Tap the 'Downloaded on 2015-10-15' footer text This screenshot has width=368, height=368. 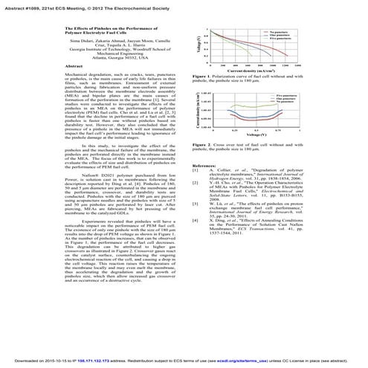tap(52, 361)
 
